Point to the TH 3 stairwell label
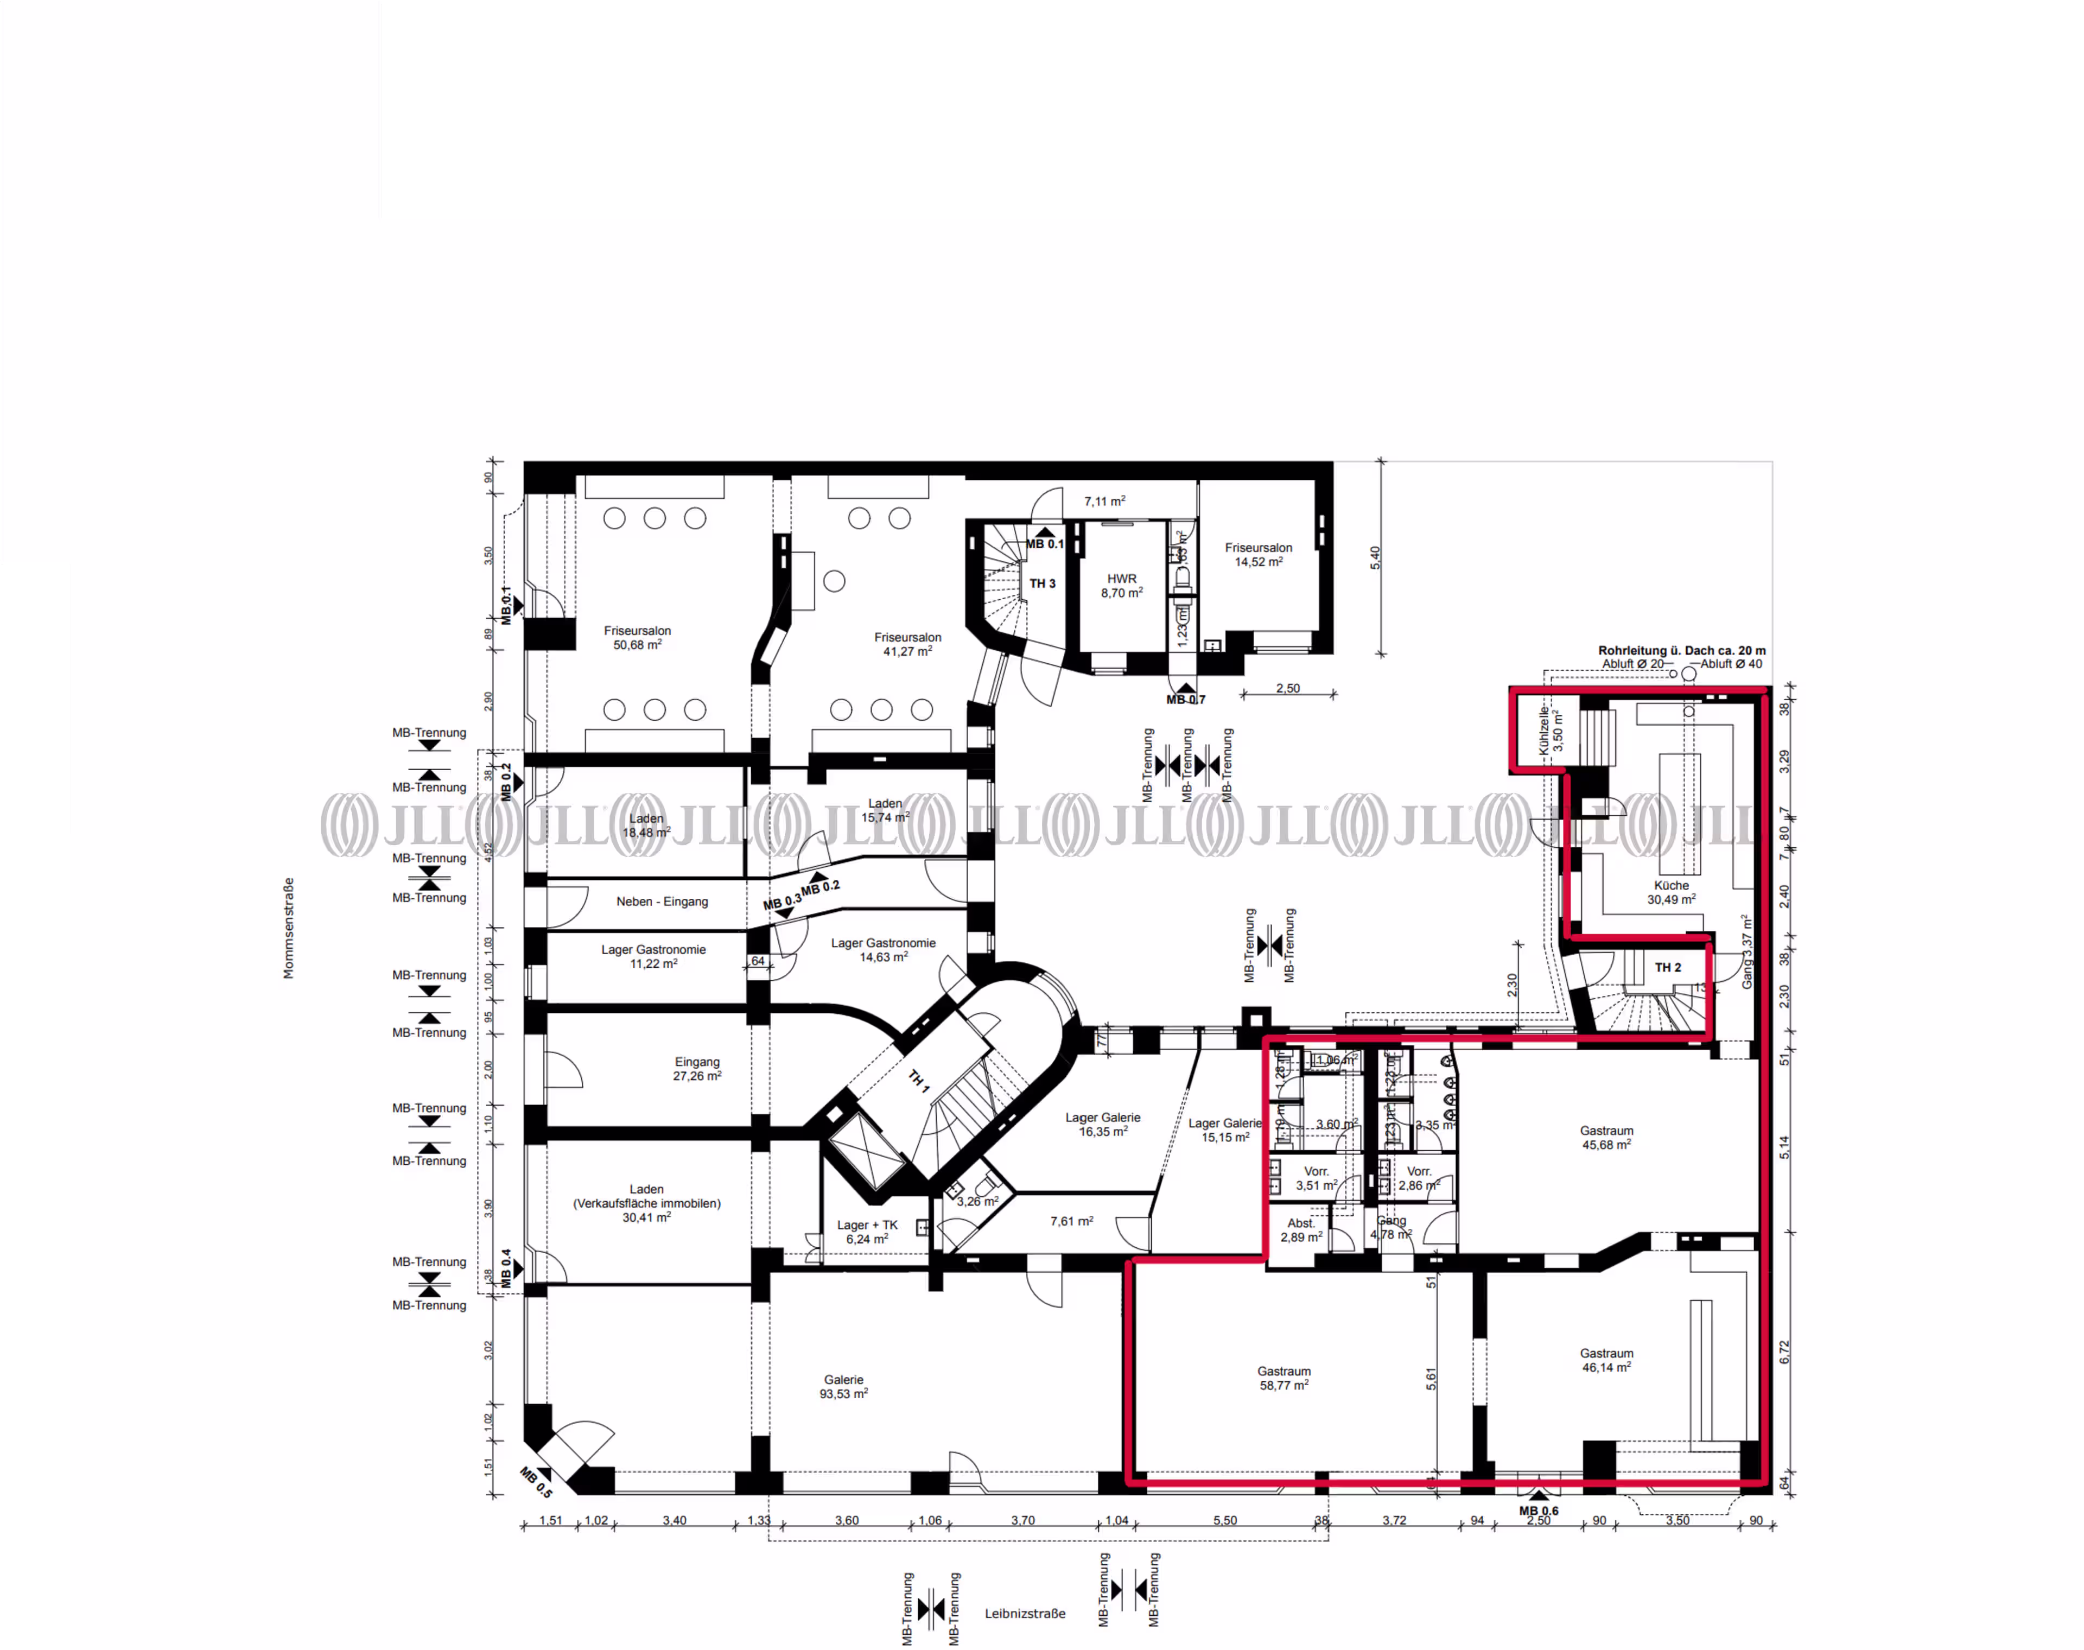1042,583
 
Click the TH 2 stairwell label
1668,967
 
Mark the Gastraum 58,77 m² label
1284,1378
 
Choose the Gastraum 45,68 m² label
1606,1137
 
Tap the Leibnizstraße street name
1025,1613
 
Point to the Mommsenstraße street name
288,928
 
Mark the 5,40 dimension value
1375,557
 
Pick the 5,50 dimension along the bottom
1224,1520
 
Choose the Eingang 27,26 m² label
697,1069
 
